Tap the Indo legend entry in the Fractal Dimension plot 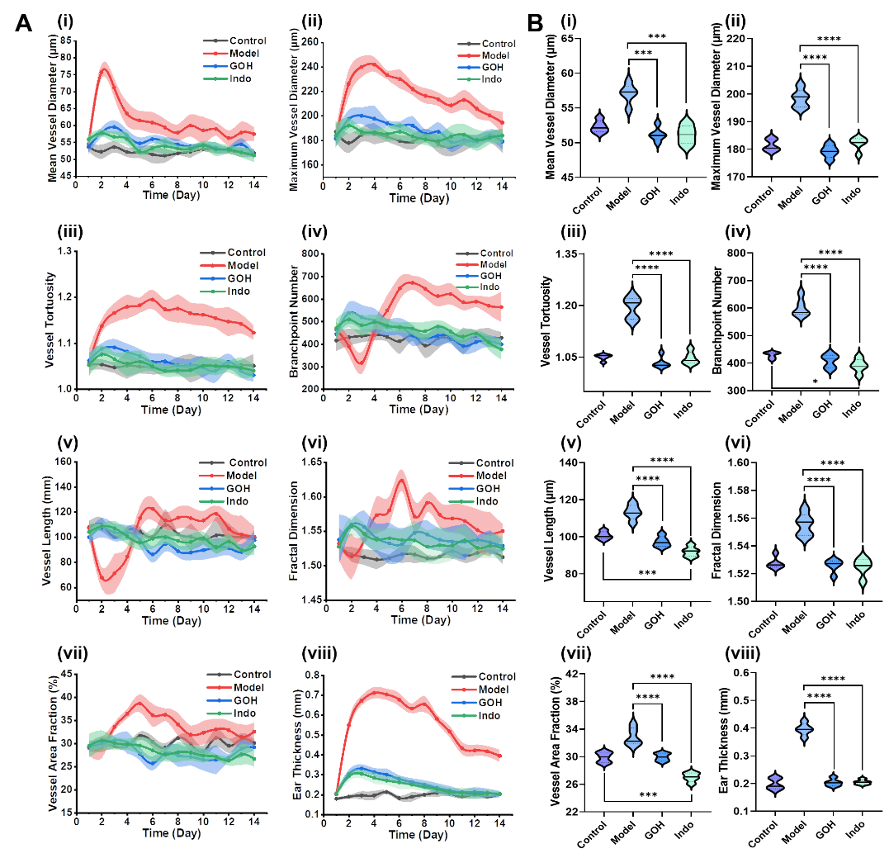(x=485, y=502)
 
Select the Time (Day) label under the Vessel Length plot (x=171, y=621)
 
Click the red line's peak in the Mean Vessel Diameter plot (x=104, y=64)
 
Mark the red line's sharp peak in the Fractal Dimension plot (x=402, y=473)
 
